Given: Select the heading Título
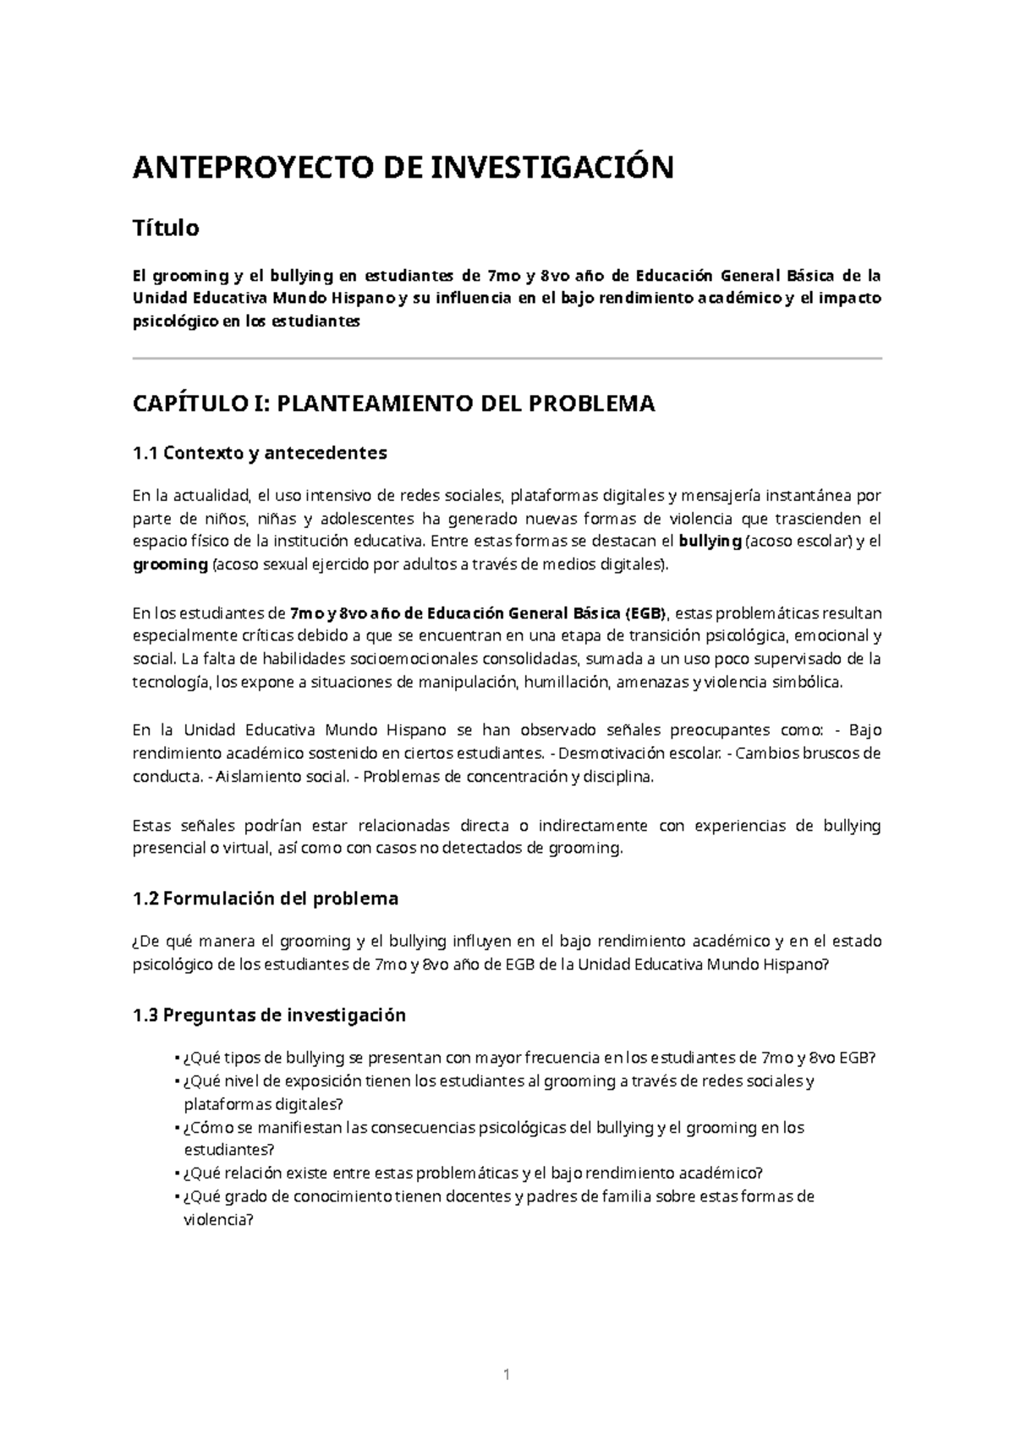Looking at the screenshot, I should click(x=166, y=228).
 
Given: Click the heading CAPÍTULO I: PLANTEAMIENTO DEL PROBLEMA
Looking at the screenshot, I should click(x=393, y=404).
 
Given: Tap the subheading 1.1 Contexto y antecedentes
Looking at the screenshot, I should click(x=260, y=453).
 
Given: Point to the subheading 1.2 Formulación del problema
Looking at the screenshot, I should click(x=266, y=899).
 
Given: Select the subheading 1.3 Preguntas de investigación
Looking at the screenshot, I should click(x=269, y=1014).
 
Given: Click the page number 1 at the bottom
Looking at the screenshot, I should click(x=507, y=1376).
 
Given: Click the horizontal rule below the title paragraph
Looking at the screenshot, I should click(x=507, y=359).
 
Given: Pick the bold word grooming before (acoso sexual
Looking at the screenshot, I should click(x=170, y=565).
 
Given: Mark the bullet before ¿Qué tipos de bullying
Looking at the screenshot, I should click(x=174, y=1058).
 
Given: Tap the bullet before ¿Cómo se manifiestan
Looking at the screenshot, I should click(x=174, y=1128).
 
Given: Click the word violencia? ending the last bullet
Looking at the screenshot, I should click(x=218, y=1220).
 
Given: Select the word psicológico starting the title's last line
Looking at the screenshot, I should click(x=175, y=322).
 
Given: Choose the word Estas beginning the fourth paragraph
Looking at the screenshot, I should click(x=152, y=825).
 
